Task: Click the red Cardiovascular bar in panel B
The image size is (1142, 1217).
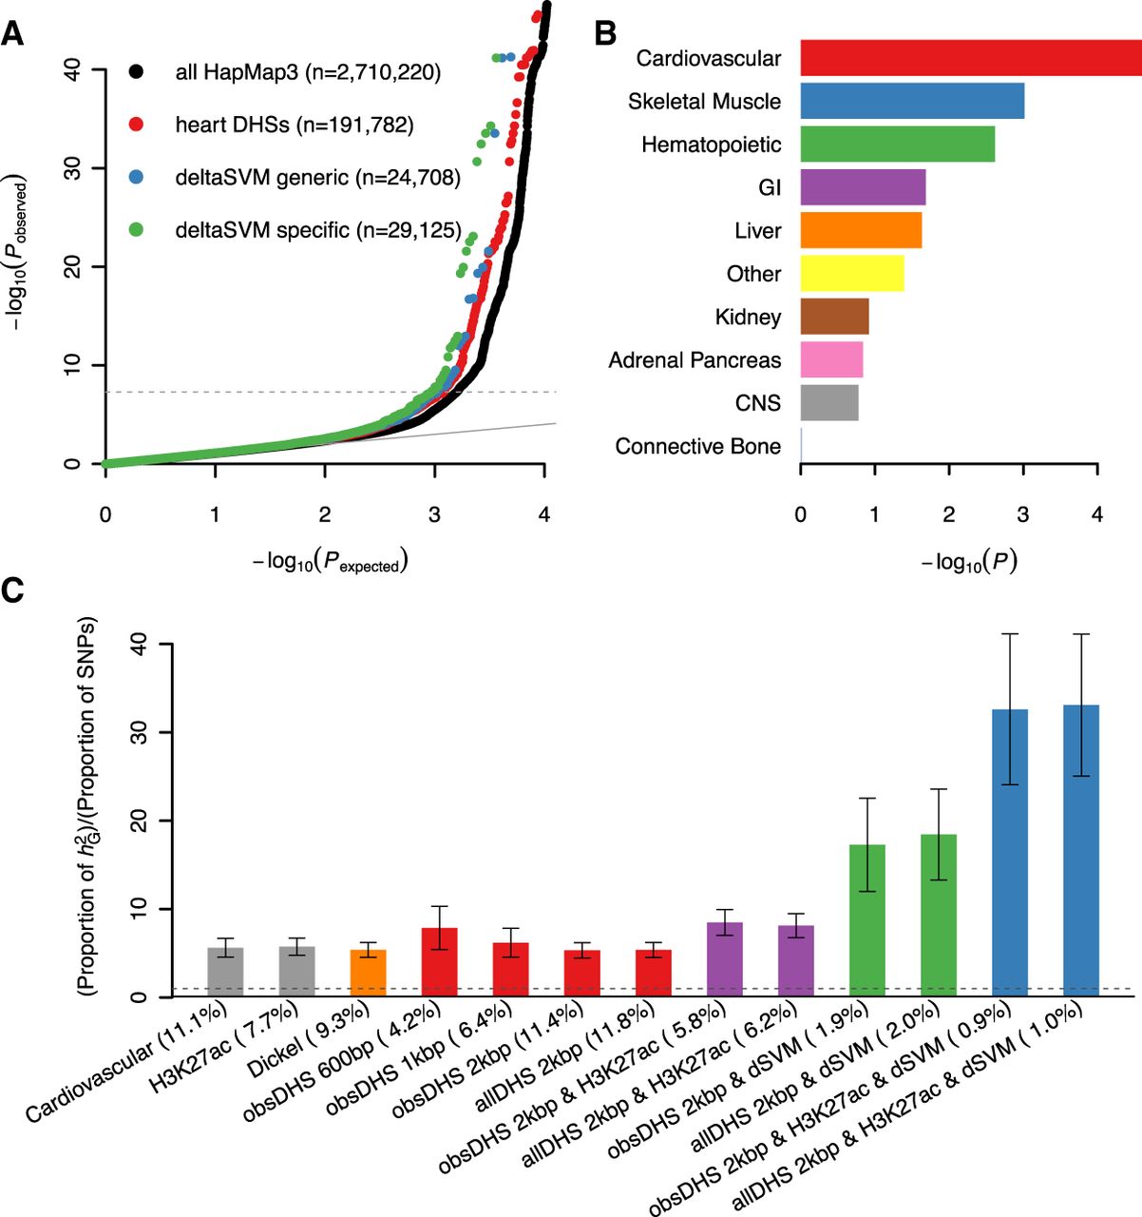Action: click(x=969, y=58)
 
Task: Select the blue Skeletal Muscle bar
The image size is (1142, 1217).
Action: click(x=912, y=101)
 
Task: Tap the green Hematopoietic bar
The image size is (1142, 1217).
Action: click(x=897, y=145)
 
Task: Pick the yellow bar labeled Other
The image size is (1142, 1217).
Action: click(x=851, y=274)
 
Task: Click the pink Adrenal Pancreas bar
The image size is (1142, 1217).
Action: click(x=831, y=360)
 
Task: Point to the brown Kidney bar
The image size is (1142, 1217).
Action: click(x=834, y=317)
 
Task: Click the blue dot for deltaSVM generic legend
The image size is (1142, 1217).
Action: click(x=137, y=177)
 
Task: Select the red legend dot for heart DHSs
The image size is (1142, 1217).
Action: click(x=137, y=125)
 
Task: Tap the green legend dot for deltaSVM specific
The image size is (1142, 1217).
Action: click(x=137, y=229)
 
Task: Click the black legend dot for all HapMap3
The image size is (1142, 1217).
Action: click(x=137, y=71)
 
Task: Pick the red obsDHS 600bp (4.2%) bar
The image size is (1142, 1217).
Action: click(x=440, y=961)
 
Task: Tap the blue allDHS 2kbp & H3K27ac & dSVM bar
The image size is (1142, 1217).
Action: click(x=1081, y=850)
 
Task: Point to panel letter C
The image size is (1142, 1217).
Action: click(x=13, y=590)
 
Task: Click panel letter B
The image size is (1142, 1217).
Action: click(x=605, y=33)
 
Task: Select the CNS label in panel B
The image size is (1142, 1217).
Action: click(x=757, y=403)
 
